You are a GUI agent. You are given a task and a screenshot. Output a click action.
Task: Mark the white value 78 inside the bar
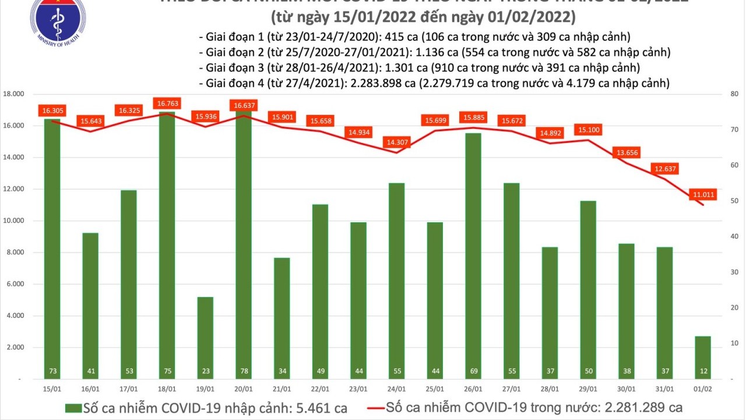click(x=243, y=371)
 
